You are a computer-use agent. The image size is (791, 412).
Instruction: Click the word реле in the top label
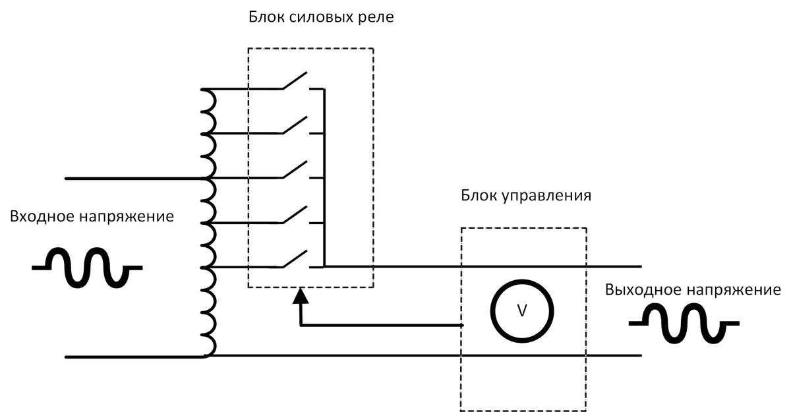tap(376, 17)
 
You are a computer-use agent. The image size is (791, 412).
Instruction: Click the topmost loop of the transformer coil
tap(209, 100)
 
